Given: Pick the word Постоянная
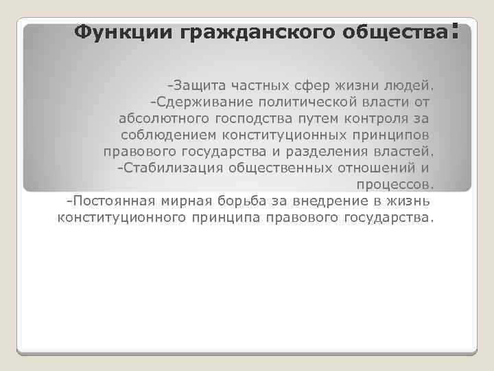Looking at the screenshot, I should click(110, 202).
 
